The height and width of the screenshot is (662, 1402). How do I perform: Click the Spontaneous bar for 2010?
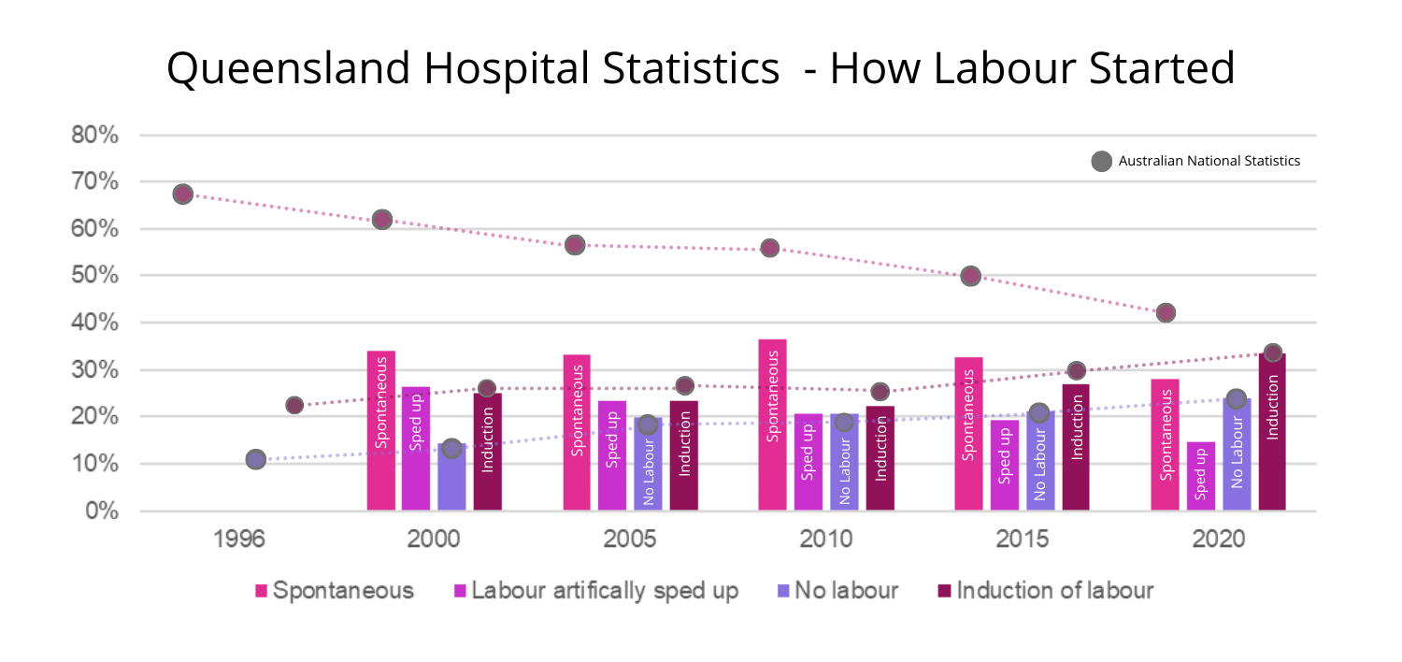772,425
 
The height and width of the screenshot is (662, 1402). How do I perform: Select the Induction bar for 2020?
1272,432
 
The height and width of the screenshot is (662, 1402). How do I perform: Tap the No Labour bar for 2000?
451,479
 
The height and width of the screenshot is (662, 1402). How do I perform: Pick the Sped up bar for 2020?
1201,476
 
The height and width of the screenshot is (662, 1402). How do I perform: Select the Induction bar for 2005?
684,455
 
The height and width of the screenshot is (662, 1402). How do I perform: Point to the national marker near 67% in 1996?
183,194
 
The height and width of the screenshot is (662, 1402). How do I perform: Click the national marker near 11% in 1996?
256,459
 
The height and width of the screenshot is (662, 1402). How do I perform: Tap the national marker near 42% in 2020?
1166,312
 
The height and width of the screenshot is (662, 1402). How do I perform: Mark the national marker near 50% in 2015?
971,276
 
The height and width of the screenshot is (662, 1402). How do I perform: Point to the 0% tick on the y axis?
102,511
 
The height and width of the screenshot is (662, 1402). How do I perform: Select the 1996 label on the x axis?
239,540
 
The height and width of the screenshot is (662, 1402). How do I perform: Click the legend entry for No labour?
837,591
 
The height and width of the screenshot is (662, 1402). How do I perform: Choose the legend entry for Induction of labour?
1046,591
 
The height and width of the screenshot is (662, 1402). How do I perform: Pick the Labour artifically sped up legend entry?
596,591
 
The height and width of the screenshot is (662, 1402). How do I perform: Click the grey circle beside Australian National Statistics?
1103,161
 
